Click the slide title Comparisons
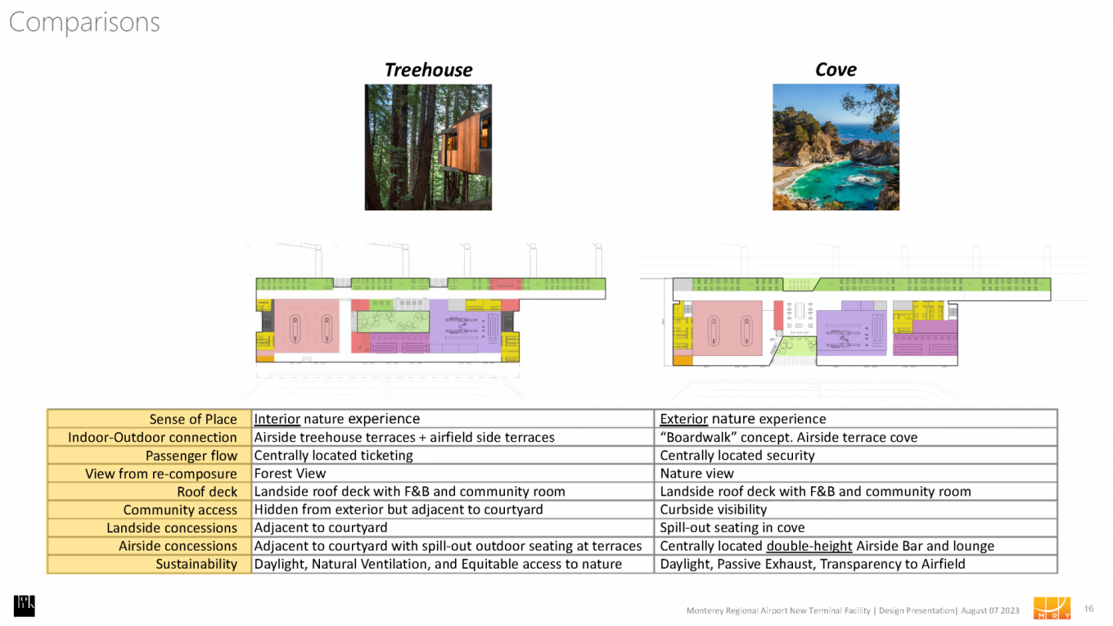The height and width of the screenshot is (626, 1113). (x=84, y=22)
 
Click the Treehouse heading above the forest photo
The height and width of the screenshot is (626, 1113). (x=428, y=70)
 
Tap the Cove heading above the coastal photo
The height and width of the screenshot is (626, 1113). (x=836, y=70)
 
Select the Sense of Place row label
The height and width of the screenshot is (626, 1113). (x=193, y=420)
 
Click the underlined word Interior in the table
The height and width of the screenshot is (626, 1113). (x=277, y=420)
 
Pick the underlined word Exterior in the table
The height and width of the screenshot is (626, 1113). (x=683, y=420)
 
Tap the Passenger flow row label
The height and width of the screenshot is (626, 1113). (x=192, y=456)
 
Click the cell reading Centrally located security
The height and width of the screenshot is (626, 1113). (x=737, y=456)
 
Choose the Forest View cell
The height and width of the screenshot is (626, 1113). (x=290, y=474)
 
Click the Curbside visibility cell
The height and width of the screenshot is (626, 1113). (x=713, y=510)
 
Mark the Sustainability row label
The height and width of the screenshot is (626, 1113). (x=196, y=564)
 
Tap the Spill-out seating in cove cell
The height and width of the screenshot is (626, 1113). (x=732, y=528)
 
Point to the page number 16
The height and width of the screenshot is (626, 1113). (x=1088, y=609)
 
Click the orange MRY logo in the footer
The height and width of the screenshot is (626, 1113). (x=1052, y=608)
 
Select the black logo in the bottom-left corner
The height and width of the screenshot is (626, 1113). (x=24, y=606)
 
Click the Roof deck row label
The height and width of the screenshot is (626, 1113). (x=207, y=492)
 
